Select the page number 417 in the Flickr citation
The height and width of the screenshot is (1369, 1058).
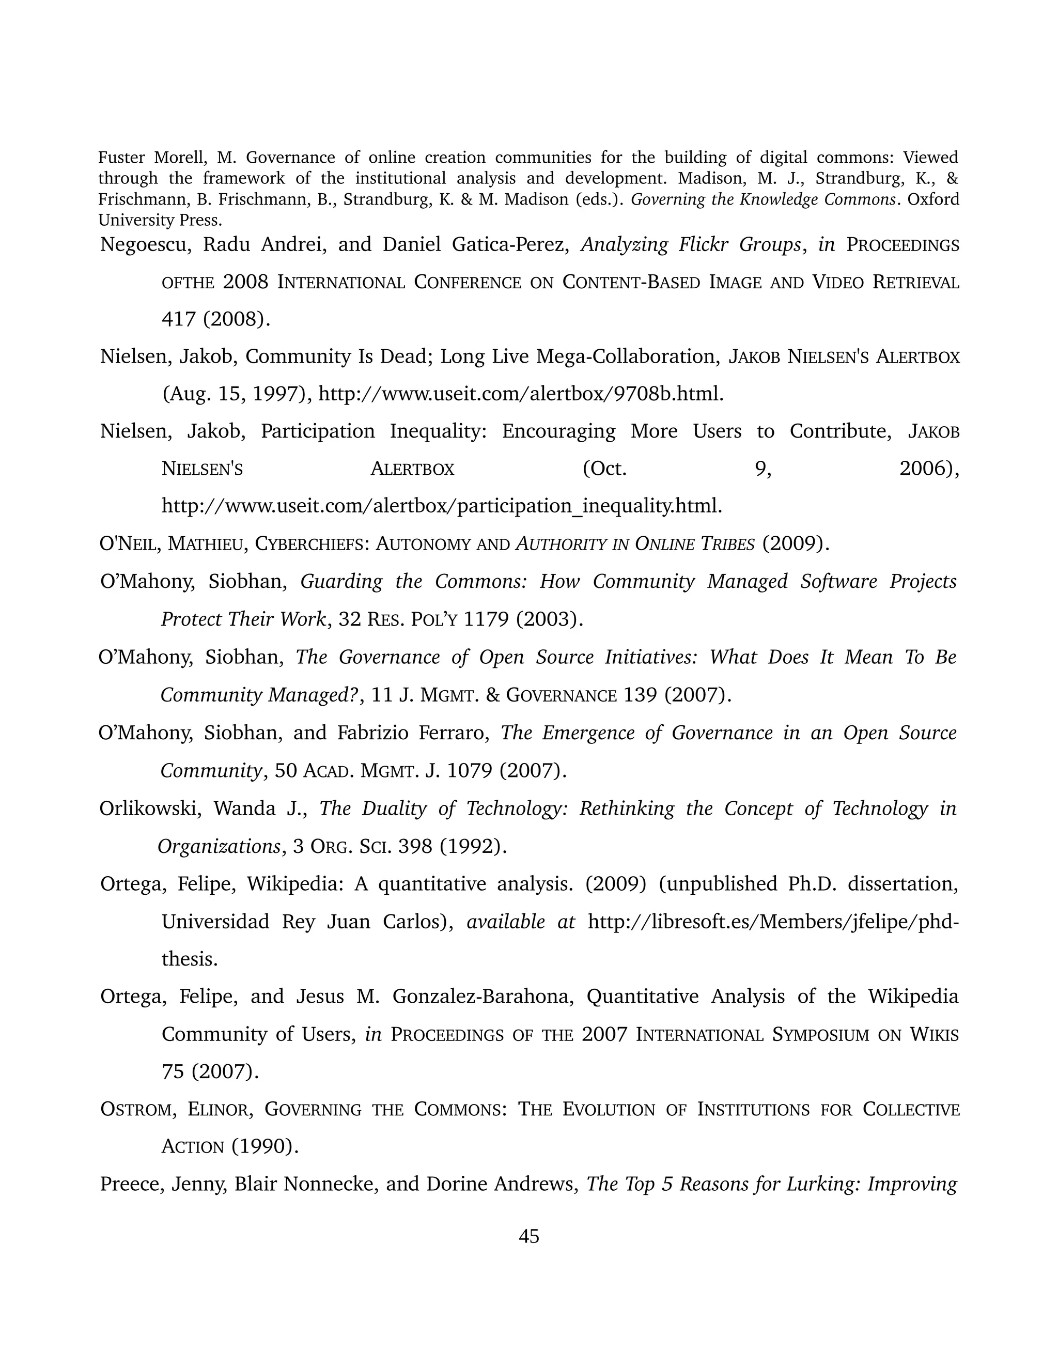pyautogui.click(x=179, y=319)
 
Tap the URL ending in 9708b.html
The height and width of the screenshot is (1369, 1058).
pyautogui.click(x=521, y=394)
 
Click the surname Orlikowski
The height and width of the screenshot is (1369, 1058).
pyautogui.click(x=150, y=808)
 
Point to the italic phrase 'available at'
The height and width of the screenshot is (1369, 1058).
pyautogui.click(x=520, y=922)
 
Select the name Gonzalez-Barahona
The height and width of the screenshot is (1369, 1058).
pyautogui.click(x=483, y=996)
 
